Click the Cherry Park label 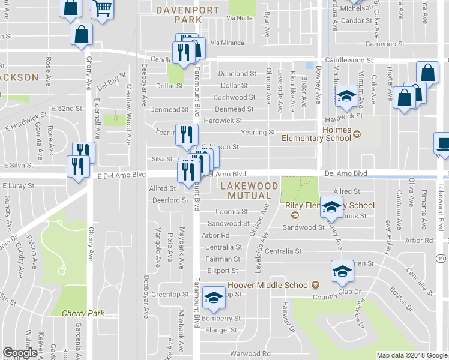[x=83, y=313]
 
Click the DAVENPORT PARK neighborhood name [x=179, y=14]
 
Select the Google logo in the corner [x=20, y=352]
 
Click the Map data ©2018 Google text [x=411, y=355]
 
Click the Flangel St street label [x=220, y=330]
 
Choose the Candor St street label [x=356, y=20]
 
